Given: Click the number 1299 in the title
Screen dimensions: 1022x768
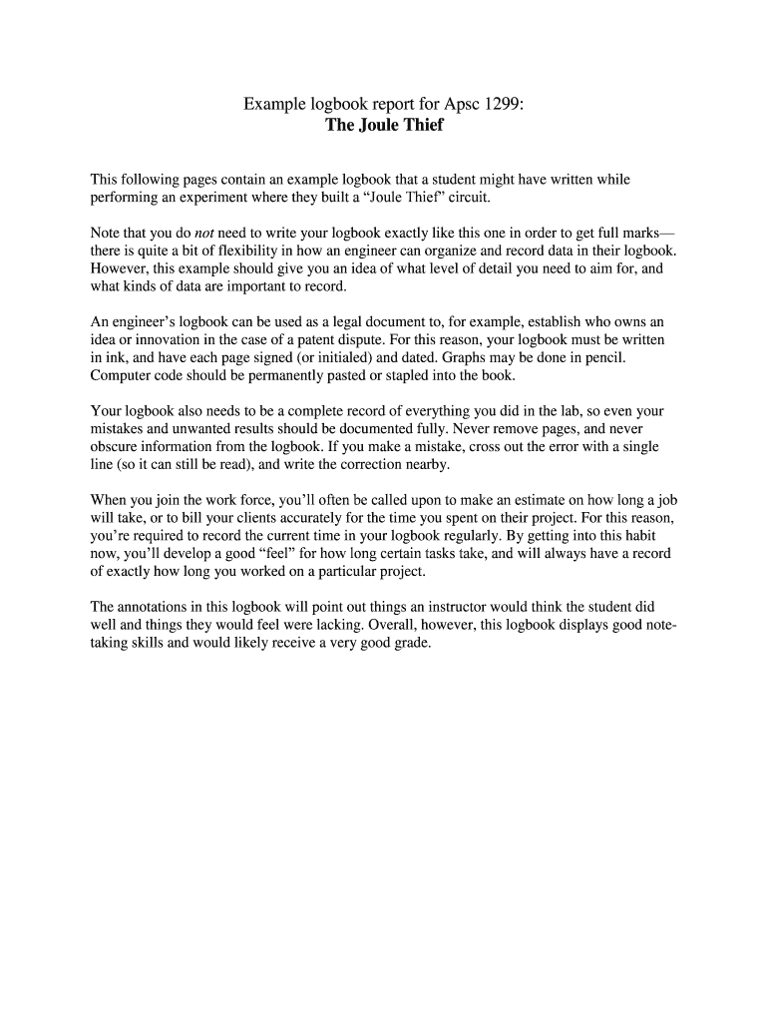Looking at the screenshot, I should [x=504, y=104].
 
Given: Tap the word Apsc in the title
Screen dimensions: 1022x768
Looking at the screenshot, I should [x=461, y=104].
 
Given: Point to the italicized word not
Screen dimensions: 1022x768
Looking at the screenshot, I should [x=217, y=234].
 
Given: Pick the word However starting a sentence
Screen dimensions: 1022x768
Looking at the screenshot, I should [x=120, y=269].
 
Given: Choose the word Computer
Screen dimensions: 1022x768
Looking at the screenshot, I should [x=120, y=376].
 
